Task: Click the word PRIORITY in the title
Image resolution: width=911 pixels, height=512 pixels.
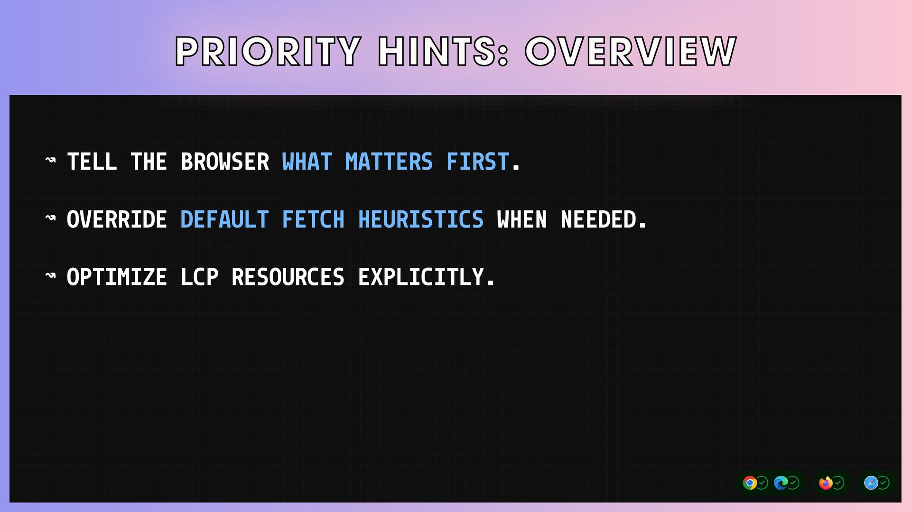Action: coord(269,51)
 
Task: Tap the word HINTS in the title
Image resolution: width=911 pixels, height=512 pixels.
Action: coord(443,51)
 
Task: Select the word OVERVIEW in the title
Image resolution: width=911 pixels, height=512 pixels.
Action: coord(631,51)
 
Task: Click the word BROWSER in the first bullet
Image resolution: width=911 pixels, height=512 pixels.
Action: coord(225,162)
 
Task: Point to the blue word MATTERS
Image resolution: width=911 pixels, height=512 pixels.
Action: coord(389,162)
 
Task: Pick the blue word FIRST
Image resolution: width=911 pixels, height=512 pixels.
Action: coord(478,162)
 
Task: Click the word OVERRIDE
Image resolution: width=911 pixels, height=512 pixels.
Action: coord(117,219)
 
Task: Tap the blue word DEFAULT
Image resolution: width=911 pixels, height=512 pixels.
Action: coord(225,219)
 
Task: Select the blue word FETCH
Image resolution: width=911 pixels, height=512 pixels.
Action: coord(313,219)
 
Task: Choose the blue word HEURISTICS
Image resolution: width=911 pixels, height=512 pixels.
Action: coord(421,219)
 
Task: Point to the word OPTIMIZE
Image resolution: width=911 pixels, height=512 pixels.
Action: coord(117,277)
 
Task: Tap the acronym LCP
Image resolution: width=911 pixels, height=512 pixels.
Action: coord(200,277)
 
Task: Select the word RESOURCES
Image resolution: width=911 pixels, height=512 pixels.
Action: coord(288,277)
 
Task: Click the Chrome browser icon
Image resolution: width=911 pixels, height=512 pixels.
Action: coord(750,483)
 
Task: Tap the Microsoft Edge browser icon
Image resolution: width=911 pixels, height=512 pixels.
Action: coord(781,483)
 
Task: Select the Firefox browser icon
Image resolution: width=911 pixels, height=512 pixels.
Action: coord(826,483)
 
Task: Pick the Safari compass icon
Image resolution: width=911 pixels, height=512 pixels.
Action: coord(871,483)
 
